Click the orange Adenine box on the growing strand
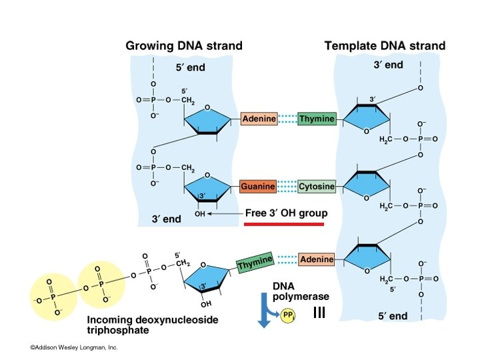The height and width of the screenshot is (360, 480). pos(259,119)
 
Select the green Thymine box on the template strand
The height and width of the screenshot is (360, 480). pos(317,119)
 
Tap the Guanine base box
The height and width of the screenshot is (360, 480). pos(258,187)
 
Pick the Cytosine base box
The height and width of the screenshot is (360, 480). pos(317,187)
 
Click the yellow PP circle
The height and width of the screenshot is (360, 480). pos(287,315)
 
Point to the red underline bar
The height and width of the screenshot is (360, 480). pos(284,225)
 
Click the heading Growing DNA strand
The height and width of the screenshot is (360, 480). pos(184,46)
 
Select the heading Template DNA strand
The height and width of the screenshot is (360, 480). pos(385,46)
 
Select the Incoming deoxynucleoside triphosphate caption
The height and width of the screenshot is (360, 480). pos(153,325)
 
